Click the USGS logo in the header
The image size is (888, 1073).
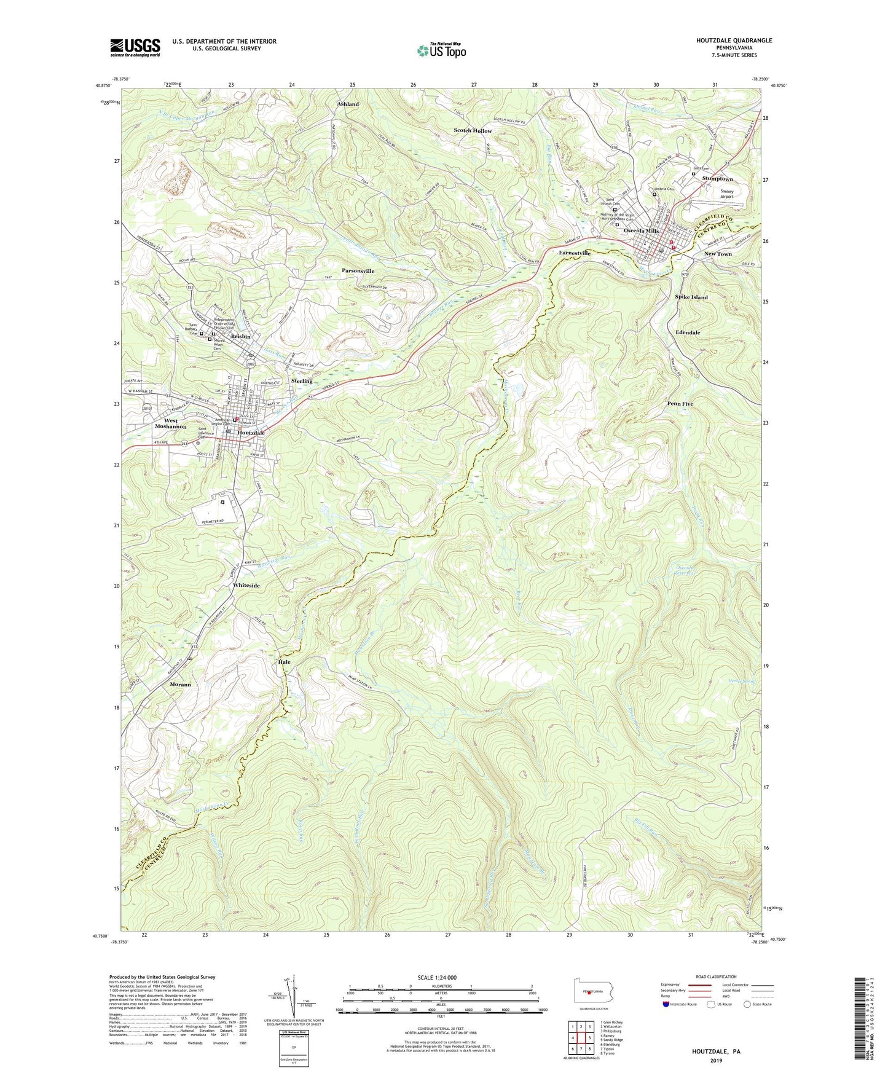coord(135,47)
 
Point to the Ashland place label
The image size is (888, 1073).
coord(348,104)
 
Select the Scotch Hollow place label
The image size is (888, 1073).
coord(473,131)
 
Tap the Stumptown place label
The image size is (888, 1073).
coord(718,179)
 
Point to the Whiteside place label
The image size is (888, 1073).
coord(246,586)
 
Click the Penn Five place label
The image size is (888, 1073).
coord(680,404)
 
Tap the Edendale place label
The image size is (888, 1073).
coord(688,332)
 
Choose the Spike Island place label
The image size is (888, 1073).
coord(691,297)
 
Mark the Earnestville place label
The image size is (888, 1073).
coord(575,253)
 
